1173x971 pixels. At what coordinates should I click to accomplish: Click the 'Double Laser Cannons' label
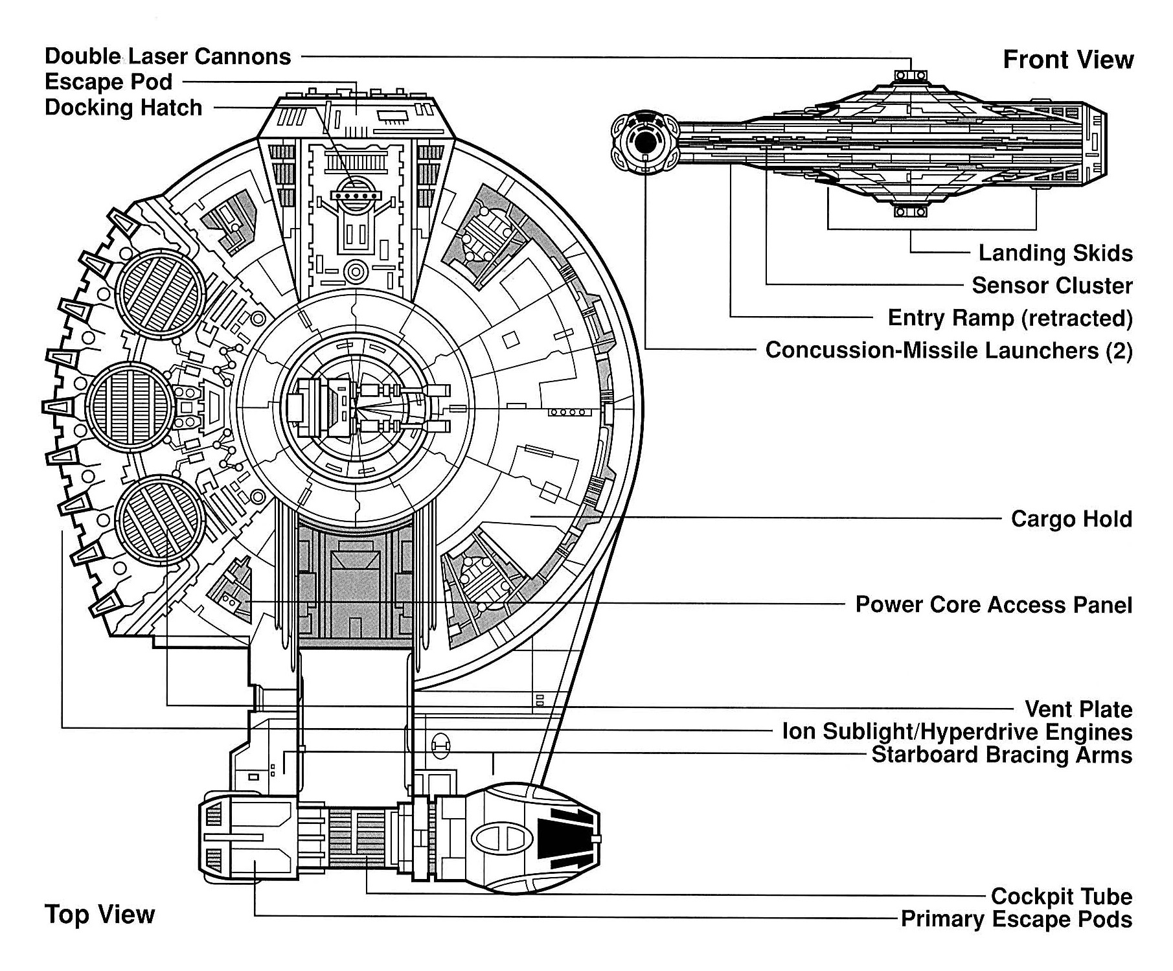[168, 57]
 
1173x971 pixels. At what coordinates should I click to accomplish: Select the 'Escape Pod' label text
[108, 82]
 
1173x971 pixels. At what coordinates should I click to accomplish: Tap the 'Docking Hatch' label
[123, 108]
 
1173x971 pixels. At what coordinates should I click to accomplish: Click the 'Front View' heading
[1068, 60]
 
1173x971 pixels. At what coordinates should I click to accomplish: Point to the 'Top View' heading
[100, 915]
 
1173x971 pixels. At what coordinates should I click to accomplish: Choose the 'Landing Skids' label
[1055, 253]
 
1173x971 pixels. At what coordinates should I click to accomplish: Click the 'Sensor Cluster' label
[1052, 286]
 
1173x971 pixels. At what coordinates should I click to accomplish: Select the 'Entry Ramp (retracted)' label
[1010, 318]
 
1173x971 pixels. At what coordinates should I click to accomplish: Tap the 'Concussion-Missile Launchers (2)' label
[949, 350]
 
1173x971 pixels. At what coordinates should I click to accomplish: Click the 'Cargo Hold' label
[1071, 519]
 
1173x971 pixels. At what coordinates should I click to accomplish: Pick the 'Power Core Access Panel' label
[994, 605]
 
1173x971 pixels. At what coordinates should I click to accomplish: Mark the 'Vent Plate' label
[1078, 709]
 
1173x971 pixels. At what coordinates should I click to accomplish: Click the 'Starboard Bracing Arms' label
[1001, 755]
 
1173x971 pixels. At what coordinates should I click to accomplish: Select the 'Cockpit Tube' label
[1061, 897]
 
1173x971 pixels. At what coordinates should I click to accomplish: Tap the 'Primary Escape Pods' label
[1016, 919]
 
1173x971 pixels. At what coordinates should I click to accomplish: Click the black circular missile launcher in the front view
[645, 143]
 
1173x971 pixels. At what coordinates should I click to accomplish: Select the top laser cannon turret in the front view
[911, 76]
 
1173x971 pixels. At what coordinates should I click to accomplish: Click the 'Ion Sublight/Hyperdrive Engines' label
[957, 732]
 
